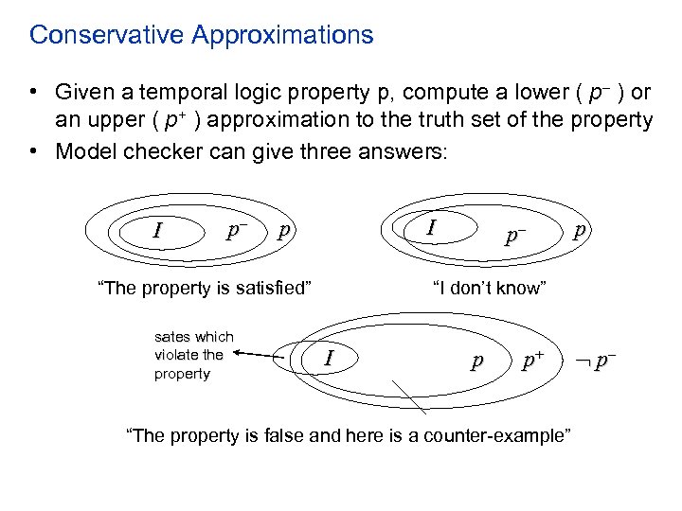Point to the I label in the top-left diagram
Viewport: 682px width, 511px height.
[158, 230]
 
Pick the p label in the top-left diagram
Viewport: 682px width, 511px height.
[284, 230]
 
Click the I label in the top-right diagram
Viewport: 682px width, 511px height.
[432, 227]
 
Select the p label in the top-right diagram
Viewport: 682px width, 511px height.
[580, 230]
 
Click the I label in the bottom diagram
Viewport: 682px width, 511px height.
[328, 358]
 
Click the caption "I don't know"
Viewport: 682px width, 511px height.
[488, 288]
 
